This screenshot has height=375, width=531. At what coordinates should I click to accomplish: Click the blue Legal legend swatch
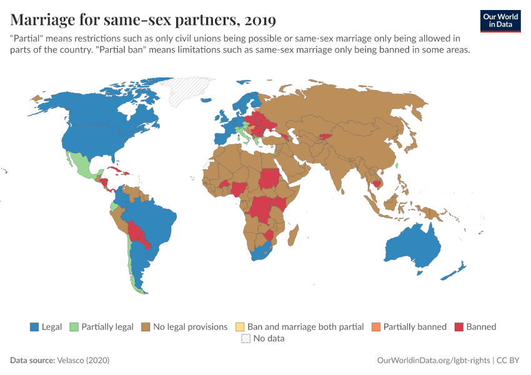click(x=35, y=327)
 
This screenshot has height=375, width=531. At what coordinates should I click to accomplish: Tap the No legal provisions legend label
click(x=190, y=327)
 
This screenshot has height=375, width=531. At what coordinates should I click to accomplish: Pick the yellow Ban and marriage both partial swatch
click(x=240, y=327)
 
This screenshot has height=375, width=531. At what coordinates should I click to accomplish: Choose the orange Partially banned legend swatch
click(x=375, y=327)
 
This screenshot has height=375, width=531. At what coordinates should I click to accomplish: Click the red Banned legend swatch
click(x=459, y=327)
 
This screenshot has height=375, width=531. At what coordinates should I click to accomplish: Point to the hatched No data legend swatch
click(x=245, y=339)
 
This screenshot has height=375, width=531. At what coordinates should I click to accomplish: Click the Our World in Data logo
click(x=500, y=21)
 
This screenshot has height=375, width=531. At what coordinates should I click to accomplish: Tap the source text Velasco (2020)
click(x=84, y=361)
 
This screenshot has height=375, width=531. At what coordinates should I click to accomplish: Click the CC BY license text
click(x=509, y=361)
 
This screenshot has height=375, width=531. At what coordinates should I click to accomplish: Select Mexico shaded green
click(x=81, y=165)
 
